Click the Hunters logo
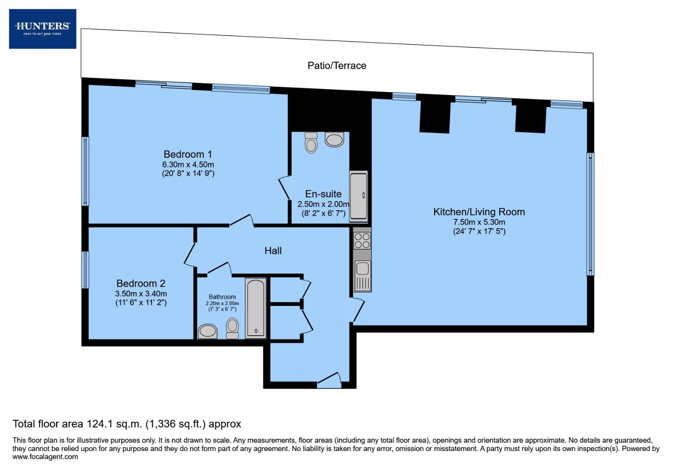(42, 29)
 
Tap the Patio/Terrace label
(337, 66)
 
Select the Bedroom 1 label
(188, 154)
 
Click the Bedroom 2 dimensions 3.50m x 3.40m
(141, 294)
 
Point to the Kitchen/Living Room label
(479, 212)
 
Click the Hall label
(273, 250)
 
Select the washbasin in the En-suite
(334, 140)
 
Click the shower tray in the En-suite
(358, 196)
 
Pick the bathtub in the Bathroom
(255, 308)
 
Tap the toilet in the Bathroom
(232, 328)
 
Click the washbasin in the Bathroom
(207, 331)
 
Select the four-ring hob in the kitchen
(362, 241)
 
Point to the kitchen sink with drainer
(362, 275)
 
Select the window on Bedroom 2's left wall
(86, 270)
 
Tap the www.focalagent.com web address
(45, 457)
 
